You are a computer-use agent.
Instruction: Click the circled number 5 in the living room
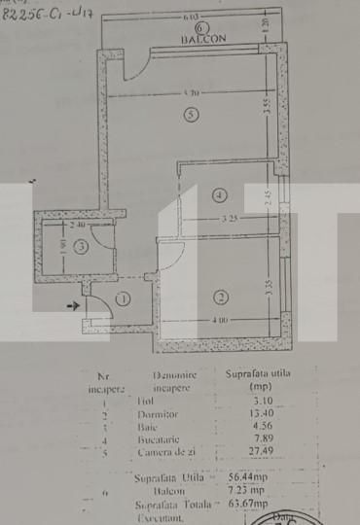tap(191, 115)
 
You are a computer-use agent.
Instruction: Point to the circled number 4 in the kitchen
tap(216, 194)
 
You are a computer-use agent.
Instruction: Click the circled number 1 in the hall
tap(122, 299)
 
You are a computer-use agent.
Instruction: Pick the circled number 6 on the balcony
tap(201, 29)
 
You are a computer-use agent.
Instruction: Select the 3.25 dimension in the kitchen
tap(230, 220)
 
